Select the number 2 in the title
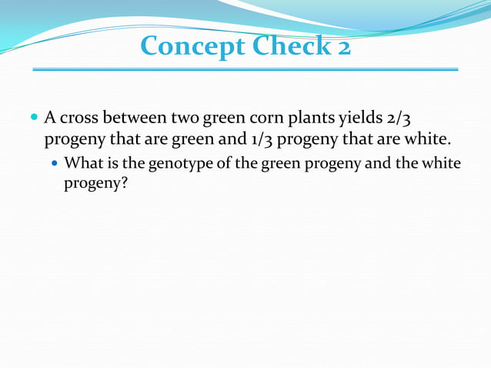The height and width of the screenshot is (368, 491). (x=342, y=48)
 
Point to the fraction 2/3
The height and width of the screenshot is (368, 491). (x=409, y=119)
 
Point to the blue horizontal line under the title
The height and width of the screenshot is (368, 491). (x=245, y=69)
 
